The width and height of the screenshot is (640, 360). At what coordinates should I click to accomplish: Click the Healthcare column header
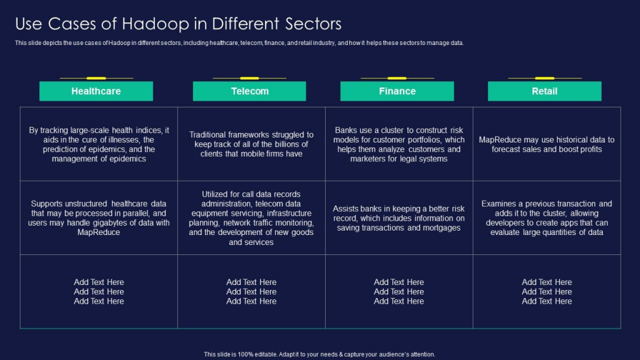pyautogui.click(x=96, y=91)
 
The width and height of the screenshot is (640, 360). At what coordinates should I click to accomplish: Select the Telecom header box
pyautogui.click(x=249, y=91)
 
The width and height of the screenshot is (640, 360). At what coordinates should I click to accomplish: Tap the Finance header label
pyautogui.click(x=397, y=91)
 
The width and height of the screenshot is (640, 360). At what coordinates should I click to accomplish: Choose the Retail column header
pyautogui.click(x=544, y=91)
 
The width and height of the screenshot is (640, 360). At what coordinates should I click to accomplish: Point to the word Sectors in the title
pyautogui.click(x=313, y=24)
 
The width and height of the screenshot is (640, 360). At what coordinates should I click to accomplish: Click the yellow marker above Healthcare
pyautogui.click(x=96, y=78)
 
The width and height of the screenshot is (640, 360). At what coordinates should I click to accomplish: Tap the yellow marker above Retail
pyautogui.click(x=544, y=78)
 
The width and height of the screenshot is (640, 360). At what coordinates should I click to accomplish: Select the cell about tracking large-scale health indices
pyautogui.click(x=99, y=144)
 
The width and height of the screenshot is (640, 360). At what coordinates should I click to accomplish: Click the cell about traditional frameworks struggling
pyautogui.click(x=251, y=144)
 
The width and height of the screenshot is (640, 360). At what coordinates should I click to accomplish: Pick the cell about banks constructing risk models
pyautogui.click(x=399, y=144)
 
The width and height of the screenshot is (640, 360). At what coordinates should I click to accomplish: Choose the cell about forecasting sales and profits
pyautogui.click(x=546, y=144)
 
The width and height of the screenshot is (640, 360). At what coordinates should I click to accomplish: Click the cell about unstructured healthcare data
pyautogui.click(x=99, y=218)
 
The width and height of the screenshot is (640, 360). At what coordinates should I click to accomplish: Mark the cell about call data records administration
pyautogui.click(x=251, y=218)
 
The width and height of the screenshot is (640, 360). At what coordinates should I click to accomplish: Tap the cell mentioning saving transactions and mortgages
pyautogui.click(x=399, y=218)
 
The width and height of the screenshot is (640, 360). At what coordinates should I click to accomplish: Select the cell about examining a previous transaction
pyautogui.click(x=546, y=218)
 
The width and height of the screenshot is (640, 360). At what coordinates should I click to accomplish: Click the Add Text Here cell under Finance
pyautogui.click(x=399, y=291)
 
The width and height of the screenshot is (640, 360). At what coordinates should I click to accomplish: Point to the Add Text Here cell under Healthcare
pyautogui.click(x=99, y=291)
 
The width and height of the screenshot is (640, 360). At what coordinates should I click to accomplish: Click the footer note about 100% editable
pyautogui.click(x=319, y=354)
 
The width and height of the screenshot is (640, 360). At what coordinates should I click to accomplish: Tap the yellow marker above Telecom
pyautogui.click(x=249, y=78)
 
